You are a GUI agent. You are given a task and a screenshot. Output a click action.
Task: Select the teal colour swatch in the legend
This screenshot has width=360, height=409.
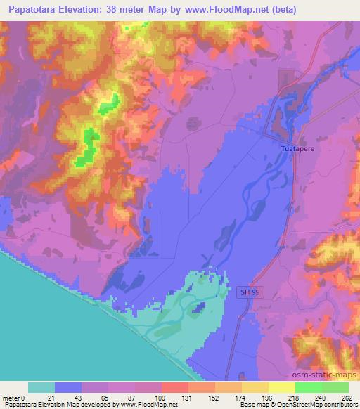click(x=41, y=387)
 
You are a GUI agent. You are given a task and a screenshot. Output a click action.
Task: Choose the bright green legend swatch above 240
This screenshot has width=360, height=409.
click(x=309, y=387)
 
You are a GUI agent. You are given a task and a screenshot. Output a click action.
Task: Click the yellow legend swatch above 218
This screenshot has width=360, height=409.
click(x=282, y=387)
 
